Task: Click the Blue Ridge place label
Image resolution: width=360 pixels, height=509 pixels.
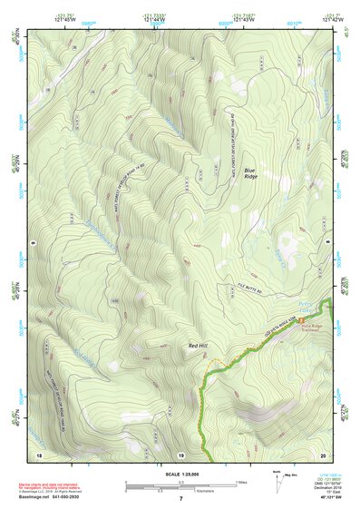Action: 250,171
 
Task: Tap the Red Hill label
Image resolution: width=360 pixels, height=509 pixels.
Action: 198,345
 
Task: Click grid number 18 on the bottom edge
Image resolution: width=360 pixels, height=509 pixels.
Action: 38,454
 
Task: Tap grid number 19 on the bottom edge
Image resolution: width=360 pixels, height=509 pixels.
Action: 180,454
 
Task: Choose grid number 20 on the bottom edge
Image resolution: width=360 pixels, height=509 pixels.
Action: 323,454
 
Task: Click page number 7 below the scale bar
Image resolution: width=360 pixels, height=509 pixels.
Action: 180,499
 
